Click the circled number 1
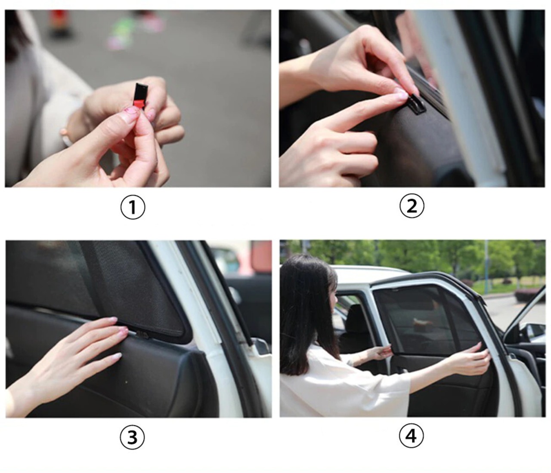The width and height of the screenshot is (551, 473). coord(133,207)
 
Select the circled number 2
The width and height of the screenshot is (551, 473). coord(412,206)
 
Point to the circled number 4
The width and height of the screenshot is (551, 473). coord(411,436)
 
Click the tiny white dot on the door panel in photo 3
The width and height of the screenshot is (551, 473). coord(127,383)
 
